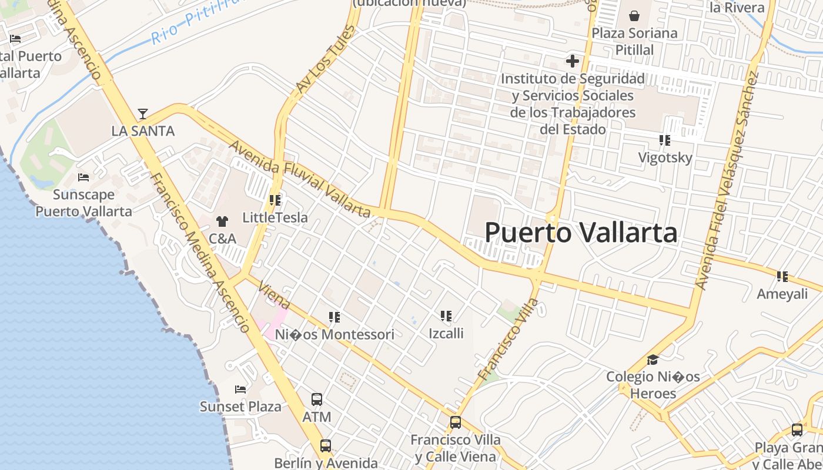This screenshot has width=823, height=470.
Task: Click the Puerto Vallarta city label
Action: [x=581, y=233]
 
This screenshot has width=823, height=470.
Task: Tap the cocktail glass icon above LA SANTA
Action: [x=142, y=113]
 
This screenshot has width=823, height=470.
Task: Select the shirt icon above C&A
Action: [x=222, y=221]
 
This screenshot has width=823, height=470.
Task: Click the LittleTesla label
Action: [x=275, y=217]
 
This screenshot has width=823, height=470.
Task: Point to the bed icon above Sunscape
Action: [x=83, y=177]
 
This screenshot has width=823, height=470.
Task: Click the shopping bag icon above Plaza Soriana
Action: [x=634, y=16]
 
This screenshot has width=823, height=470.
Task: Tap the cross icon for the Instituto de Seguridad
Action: [x=572, y=61]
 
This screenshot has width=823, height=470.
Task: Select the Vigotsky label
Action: [x=665, y=157]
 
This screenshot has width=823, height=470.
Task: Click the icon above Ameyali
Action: [x=782, y=276]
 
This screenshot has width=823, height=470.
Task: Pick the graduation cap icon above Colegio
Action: [x=653, y=360]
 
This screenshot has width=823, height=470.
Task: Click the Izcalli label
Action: [x=446, y=333]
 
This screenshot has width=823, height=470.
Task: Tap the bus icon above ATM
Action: [x=317, y=399]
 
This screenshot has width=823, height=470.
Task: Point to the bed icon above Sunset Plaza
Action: [x=240, y=389]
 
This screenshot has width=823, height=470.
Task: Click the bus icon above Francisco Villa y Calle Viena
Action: [x=455, y=422]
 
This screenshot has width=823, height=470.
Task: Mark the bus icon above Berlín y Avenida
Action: [x=326, y=445]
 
